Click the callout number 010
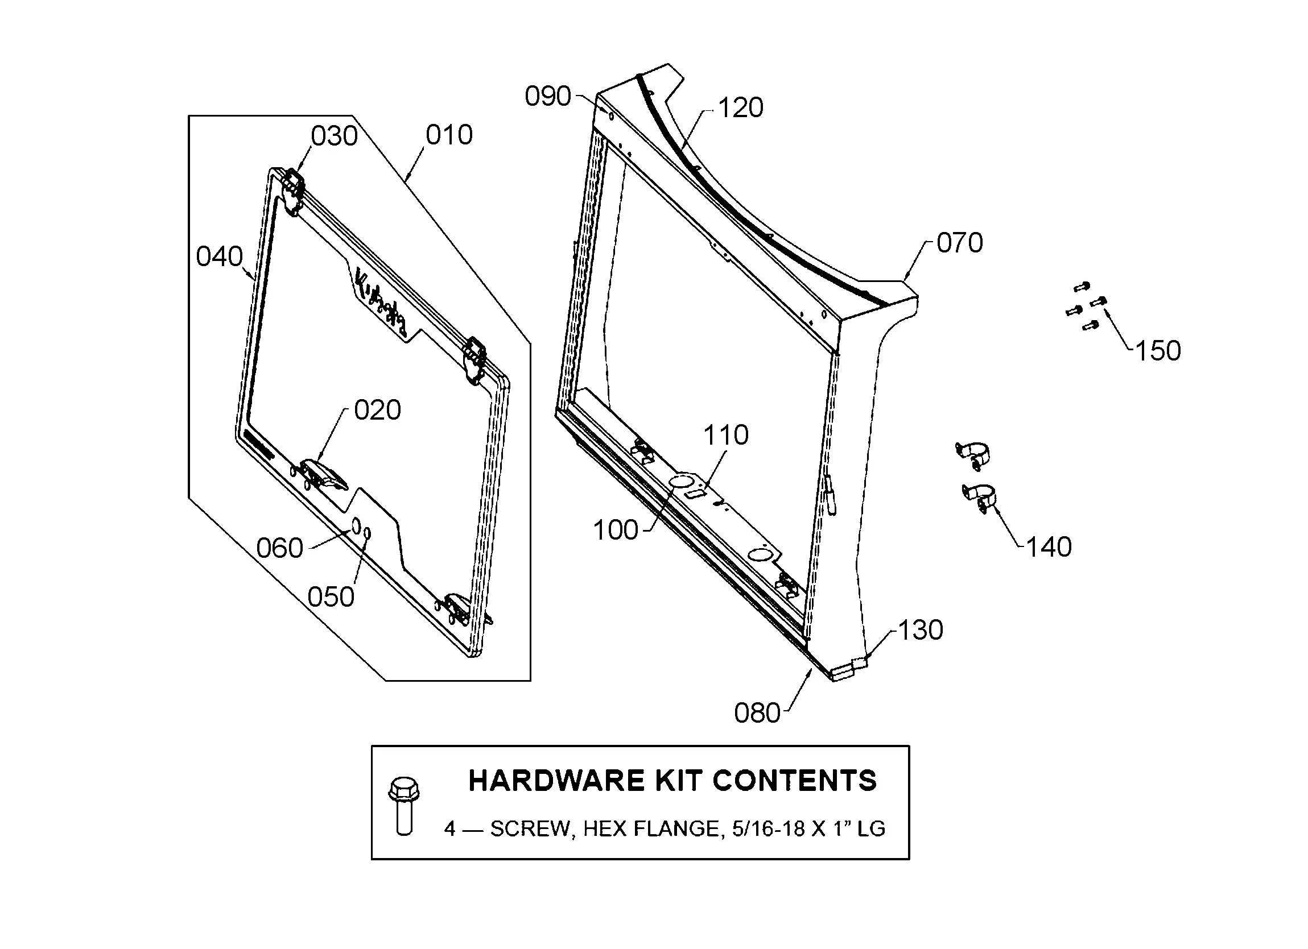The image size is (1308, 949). pyautogui.click(x=449, y=135)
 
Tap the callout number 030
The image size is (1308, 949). pyautogui.click(x=335, y=136)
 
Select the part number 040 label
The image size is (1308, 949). pyautogui.click(x=219, y=256)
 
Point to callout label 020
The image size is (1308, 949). pyautogui.click(x=377, y=411)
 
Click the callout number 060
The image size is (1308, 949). pyautogui.click(x=280, y=548)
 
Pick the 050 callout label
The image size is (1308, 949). pyautogui.click(x=331, y=597)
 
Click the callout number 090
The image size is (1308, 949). pyautogui.click(x=548, y=96)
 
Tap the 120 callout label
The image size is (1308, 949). pyautogui.click(x=741, y=108)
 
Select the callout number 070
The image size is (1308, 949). pyautogui.click(x=960, y=243)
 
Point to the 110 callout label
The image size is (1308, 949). pyautogui.click(x=725, y=435)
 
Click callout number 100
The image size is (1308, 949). pyautogui.click(x=616, y=531)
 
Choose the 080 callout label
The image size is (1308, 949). pyautogui.click(x=757, y=713)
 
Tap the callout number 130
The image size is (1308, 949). pyautogui.click(x=921, y=630)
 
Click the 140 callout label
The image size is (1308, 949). pyautogui.click(x=1049, y=546)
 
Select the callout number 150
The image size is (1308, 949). pyautogui.click(x=1158, y=350)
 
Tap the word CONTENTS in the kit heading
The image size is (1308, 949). pyautogui.click(x=794, y=781)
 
